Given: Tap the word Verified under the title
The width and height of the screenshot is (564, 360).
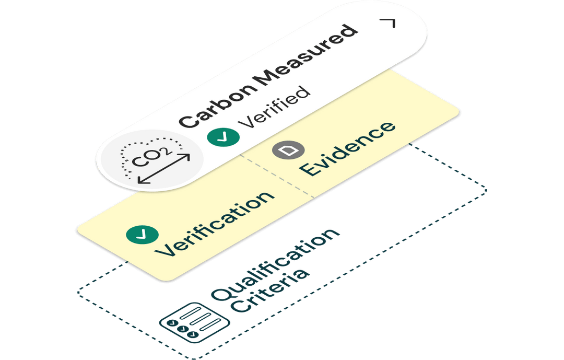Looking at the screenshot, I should click(x=274, y=108).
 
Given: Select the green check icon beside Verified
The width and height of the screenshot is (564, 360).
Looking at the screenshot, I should click(x=223, y=137).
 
